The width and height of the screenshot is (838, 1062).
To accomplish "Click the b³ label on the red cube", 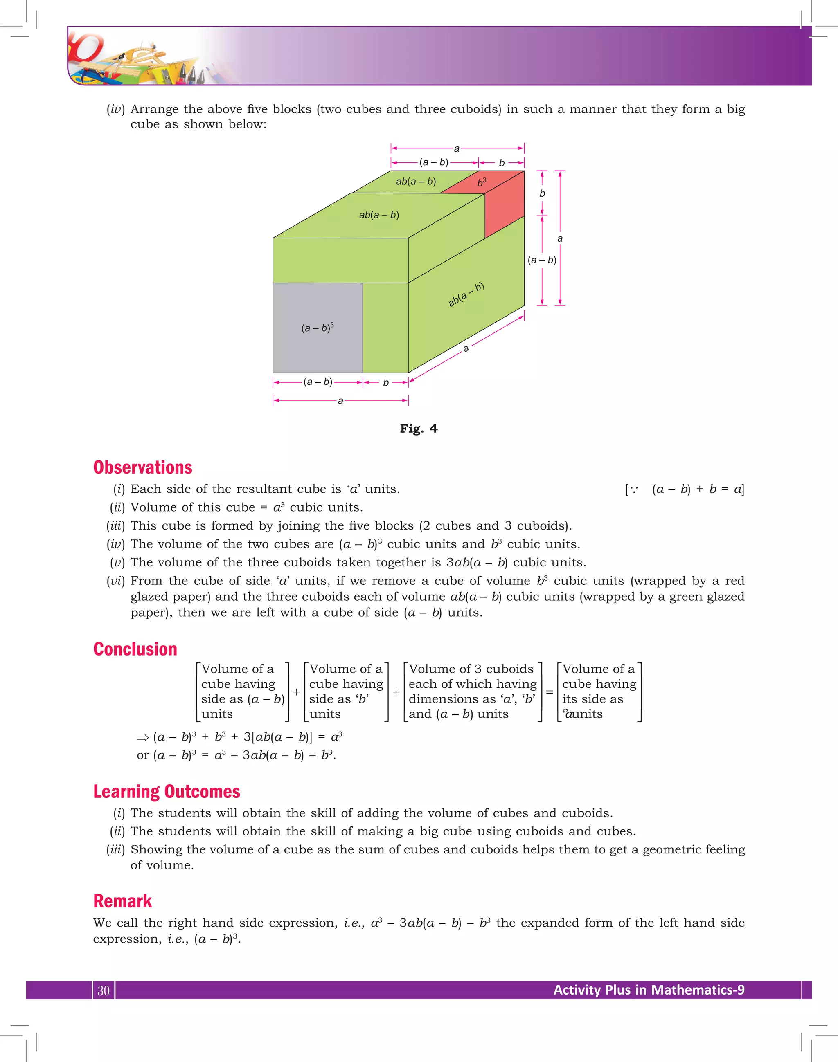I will (x=481, y=182).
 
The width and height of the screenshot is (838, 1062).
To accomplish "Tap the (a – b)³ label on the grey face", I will (x=318, y=328).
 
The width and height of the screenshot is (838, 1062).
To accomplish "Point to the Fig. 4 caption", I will (x=419, y=429).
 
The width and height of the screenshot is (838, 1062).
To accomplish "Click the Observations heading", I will (x=143, y=467).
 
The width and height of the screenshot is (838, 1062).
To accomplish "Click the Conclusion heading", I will (x=135, y=649).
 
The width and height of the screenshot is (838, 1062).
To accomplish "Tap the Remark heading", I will (x=123, y=901).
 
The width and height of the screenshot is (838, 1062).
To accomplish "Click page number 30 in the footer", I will (x=104, y=990).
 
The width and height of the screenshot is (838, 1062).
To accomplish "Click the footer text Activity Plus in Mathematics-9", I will (x=649, y=990).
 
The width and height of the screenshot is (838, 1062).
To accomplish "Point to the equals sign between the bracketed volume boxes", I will (x=550, y=692).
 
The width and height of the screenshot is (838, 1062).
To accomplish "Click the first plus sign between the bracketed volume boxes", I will (x=297, y=692).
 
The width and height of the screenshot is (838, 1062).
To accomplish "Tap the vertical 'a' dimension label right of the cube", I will (x=560, y=239).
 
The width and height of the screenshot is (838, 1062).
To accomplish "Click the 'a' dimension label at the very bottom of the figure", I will (x=340, y=401).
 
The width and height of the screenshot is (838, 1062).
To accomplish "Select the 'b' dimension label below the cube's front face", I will (x=385, y=382).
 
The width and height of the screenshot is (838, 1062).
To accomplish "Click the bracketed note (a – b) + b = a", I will (x=685, y=489).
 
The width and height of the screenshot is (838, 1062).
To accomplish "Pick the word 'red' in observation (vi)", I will (x=734, y=581).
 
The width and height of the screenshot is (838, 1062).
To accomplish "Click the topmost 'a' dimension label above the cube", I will (x=457, y=148).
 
